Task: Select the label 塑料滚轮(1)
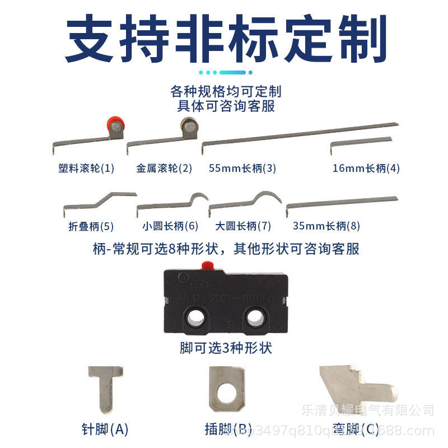(86, 167)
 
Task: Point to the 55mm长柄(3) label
(242, 167)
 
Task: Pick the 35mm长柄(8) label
(326, 226)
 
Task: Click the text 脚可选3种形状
(226, 348)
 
